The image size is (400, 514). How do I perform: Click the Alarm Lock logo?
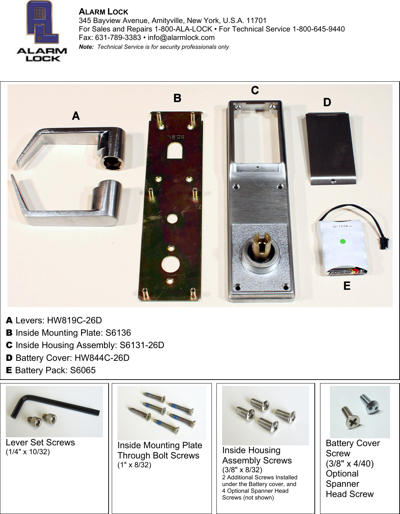[x=41, y=32]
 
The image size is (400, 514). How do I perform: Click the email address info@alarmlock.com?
[x=181, y=37]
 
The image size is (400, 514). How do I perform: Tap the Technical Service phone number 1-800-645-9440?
[x=318, y=29]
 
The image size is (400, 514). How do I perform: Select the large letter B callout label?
[x=177, y=98]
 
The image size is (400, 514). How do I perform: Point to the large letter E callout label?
[x=347, y=286]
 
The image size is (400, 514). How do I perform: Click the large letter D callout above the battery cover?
[x=327, y=102]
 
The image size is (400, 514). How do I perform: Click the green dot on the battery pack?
[x=342, y=242]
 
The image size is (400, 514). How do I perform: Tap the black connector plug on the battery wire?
[x=383, y=243]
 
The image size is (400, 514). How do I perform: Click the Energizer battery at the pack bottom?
[x=347, y=272]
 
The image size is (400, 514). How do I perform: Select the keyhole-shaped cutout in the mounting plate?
[x=175, y=150]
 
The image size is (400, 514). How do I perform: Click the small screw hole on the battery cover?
[x=332, y=181]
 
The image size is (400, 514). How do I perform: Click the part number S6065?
[x=83, y=370]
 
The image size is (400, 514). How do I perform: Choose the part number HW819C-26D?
[x=74, y=320]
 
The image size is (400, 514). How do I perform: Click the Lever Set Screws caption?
[x=40, y=443]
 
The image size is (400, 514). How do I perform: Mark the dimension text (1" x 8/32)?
[x=134, y=465]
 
